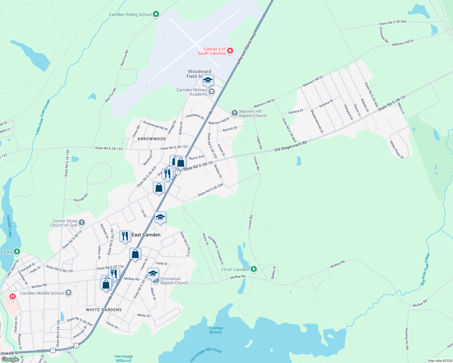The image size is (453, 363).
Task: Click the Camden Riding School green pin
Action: point(156,14)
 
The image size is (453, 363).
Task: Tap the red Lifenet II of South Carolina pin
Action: point(230,51)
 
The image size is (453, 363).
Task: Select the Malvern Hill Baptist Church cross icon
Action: point(235,113)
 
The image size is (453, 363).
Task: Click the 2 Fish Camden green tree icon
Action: point(254,269)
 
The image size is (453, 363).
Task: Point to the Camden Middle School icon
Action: point(68,293)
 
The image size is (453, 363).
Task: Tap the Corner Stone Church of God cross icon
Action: point(81,223)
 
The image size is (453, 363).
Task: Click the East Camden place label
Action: point(146,235)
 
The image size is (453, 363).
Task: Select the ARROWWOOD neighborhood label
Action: point(152,139)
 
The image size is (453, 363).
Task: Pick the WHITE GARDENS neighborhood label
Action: point(104,310)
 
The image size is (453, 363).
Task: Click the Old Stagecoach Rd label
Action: point(291,146)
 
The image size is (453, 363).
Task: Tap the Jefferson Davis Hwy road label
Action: point(246,50)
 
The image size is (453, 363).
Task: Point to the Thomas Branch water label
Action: point(216,330)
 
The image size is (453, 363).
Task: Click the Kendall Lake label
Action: point(9,226)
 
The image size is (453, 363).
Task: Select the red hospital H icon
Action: point(13,296)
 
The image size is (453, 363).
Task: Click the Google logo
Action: point(10,359)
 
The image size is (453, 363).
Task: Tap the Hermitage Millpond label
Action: point(124,358)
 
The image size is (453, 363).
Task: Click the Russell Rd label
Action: point(81,198)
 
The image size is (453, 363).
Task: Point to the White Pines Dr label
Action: point(397,150)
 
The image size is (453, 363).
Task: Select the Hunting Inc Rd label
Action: point(407,339)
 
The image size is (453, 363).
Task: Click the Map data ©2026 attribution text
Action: point(439,361)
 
